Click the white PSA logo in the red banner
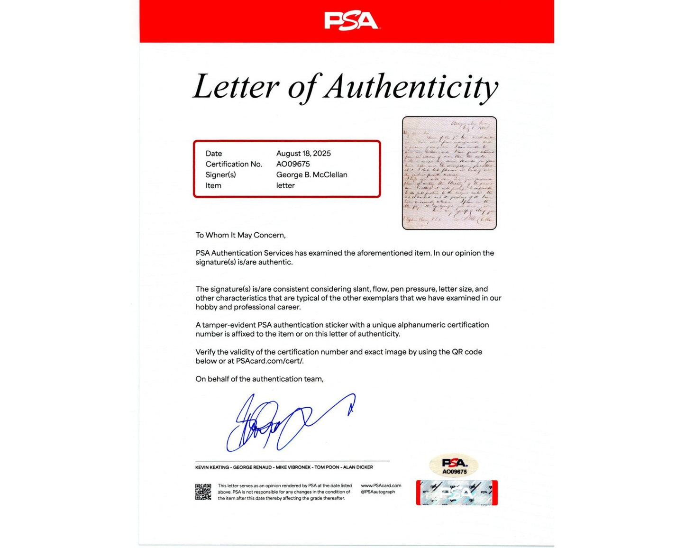click(x=351, y=21)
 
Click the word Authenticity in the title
click(x=411, y=87)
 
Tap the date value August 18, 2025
click(x=303, y=153)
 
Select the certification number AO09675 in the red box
click(x=293, y=164)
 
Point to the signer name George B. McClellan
click(x=311, y=174)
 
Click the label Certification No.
click(x=234, y=164)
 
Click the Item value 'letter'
click(x=285, y=185)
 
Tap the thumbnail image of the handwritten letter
click(x=449, y=173)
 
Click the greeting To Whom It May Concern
click(x=240, y=235)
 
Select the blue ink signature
click(x=284, y=422)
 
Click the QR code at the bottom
click(x=203, y=492)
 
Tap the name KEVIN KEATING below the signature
click(x=212, y=467)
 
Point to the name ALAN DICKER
click(x=358, y=467)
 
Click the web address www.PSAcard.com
click(x=381, y=485)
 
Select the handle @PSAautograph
click(x=378, y=492)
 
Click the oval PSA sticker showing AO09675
click(x=454, y=465)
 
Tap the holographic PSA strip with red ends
click(x=457, y=493)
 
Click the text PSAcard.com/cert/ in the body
click(x=270, y=361)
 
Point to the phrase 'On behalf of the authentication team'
click(x=259, y=379)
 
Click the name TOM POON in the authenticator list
click(x=327, y=467)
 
